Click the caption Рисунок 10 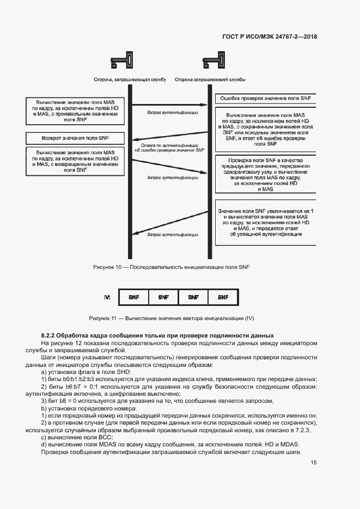[170, 267]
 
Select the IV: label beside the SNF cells [107, 297]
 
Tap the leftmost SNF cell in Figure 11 [134, 298]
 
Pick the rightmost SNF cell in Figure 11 [223, 298]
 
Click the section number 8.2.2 [48, 335]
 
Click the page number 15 [314, 463]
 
